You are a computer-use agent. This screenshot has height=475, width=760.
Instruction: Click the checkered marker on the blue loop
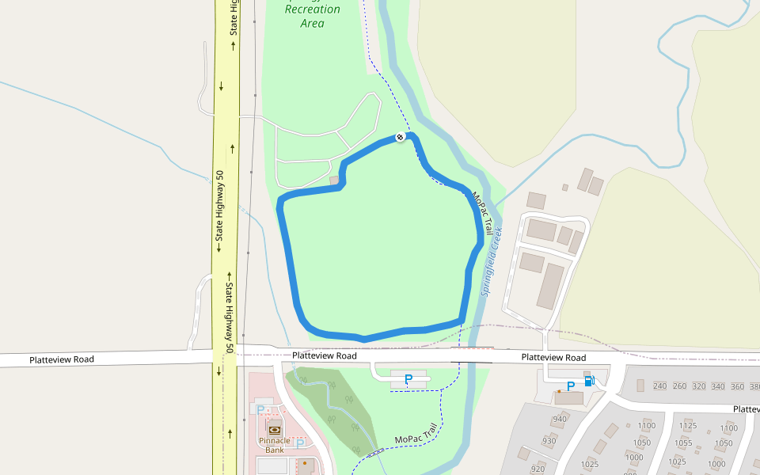coord(401,137)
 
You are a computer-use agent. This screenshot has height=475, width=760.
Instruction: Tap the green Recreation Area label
coord(312,16)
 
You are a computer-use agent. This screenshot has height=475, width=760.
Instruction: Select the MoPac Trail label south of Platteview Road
coord(416,435)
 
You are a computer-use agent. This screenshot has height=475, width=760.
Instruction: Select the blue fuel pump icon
coord(589,381)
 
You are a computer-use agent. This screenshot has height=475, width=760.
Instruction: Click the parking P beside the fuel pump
coord(570,386)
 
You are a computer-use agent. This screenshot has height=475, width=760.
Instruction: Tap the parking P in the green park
coord(408,380)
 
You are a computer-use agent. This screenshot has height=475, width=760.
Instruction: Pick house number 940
coord(560,420)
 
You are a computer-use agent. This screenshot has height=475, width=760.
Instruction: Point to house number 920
coord(538,469)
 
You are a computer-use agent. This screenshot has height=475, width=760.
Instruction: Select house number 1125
coord(687,426)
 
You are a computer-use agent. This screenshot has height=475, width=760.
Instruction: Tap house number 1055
coord(684,443)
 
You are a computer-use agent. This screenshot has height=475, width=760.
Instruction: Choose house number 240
coord(660,386)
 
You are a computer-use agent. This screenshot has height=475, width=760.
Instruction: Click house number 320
coord(699,386)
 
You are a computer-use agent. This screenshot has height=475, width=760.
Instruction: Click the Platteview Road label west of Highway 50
coord(62,359)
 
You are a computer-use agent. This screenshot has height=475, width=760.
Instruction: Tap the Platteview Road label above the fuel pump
coord(553,358)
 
